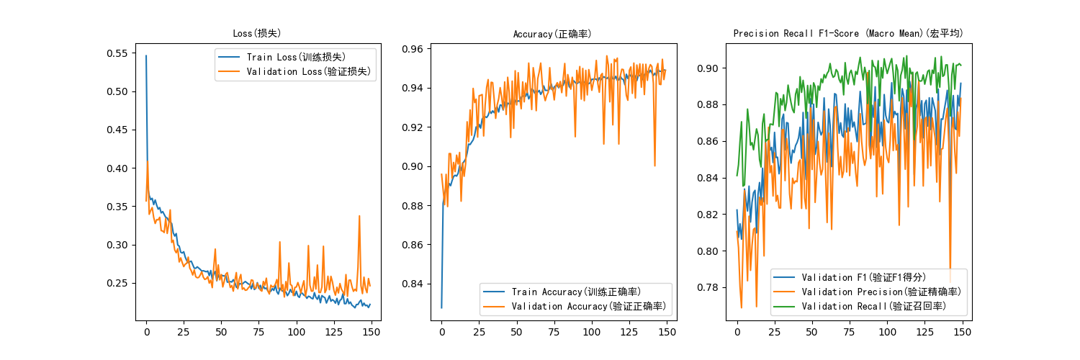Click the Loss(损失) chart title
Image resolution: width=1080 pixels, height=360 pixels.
pos(256,34)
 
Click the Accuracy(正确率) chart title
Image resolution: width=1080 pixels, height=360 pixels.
pos(552,34)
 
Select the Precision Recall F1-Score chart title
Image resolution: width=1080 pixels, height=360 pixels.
pos(847,34)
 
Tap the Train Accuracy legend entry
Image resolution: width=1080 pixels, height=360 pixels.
pos(576,292)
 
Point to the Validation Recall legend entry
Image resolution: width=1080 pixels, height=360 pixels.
pos(874,306)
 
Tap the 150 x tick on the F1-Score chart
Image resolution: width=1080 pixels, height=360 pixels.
pos(963,333)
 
